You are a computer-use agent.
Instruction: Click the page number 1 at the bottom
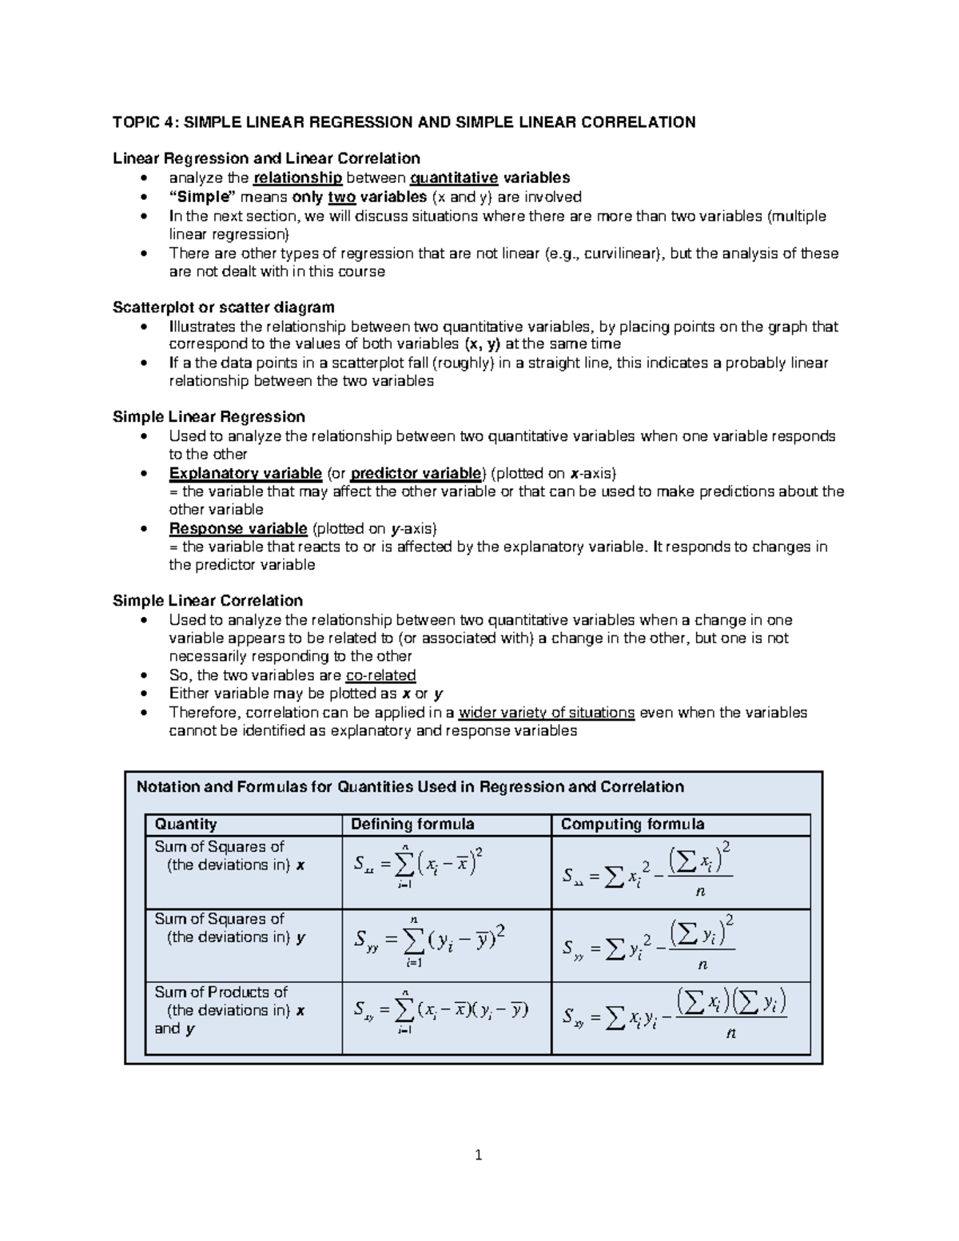click(478, 1155)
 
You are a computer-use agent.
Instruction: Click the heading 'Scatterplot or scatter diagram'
click(224, 308)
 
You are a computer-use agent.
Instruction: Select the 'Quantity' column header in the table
click(185, 824)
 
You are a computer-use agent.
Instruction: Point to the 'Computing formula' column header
click(632, 824)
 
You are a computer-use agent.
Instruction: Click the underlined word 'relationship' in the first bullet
click(297, 178)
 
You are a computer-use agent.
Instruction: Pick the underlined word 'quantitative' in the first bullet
click(453, 178)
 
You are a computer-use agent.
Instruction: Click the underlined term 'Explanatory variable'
click(245, 473)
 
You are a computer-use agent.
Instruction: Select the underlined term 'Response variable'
click(238, 528)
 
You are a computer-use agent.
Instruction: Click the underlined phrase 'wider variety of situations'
click(547, 713)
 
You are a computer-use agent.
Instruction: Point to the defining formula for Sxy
click(440, 1012)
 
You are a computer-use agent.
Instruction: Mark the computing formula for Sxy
click(674, 1013)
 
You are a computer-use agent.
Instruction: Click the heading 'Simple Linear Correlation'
click(208, 601)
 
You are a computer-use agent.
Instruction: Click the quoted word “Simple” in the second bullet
click(198, 197)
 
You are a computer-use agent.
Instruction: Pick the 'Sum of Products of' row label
click(221, 992)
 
